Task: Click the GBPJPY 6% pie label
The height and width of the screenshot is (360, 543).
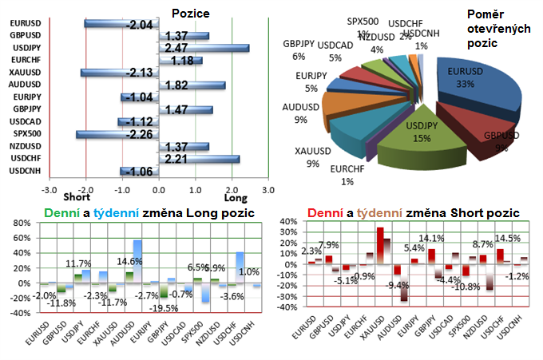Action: pos(297,49)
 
